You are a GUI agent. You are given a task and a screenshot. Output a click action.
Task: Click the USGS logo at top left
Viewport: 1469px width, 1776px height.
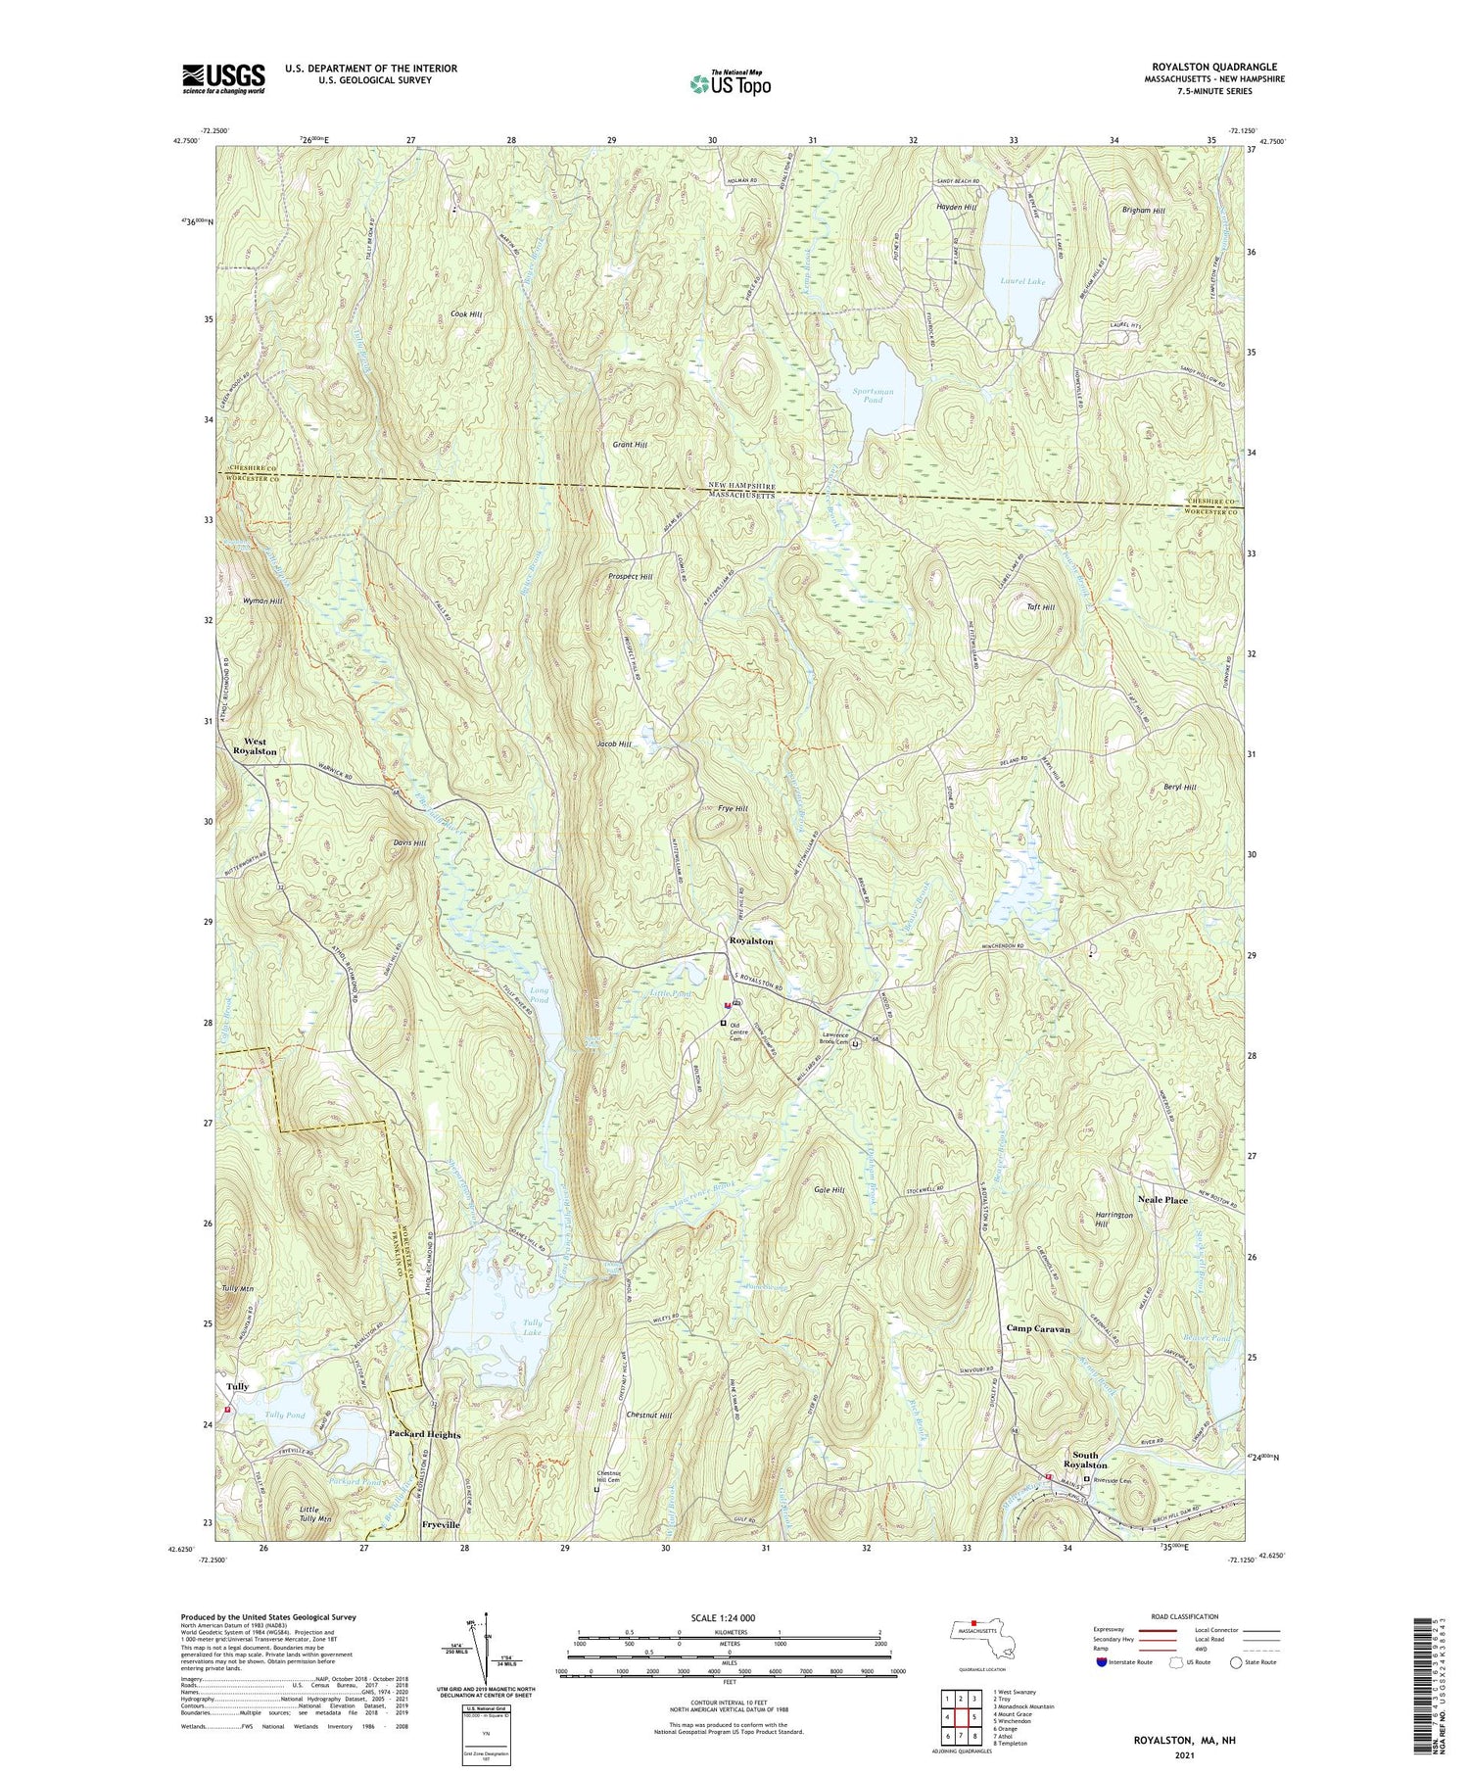coord(223,78)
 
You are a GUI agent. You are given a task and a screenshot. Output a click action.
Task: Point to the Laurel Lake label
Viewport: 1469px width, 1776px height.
coord(1022,281)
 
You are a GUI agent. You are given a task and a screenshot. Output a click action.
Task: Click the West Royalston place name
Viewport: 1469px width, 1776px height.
coord(255,746)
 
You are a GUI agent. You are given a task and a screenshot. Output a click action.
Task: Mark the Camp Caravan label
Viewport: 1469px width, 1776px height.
coord(1038,1329)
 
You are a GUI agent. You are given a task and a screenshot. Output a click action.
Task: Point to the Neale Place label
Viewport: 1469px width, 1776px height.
coord(1162,1200)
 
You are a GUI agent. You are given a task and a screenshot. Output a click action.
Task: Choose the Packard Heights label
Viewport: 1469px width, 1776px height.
coord(424,1434)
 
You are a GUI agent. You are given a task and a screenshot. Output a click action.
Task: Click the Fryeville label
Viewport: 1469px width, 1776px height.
coord(440,1525)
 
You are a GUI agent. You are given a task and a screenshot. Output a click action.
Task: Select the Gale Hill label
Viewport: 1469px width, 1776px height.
coord(829,1190)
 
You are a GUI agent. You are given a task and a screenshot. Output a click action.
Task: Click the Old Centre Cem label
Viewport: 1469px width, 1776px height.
coord(744,1032)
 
